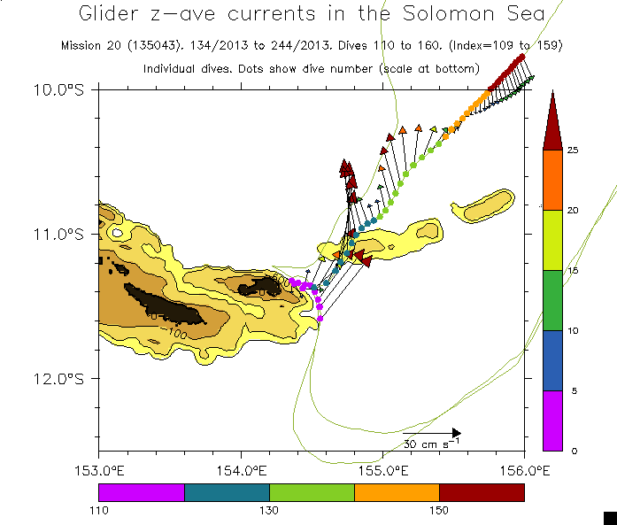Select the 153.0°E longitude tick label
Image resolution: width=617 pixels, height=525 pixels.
click(99, 470)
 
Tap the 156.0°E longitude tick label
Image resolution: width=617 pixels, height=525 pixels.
click(524, 470)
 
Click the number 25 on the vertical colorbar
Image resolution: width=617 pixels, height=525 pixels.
click(573, 150)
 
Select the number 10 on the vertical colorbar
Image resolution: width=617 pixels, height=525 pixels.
click(573, 330)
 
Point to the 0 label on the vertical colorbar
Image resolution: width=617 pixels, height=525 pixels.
click(573, 451)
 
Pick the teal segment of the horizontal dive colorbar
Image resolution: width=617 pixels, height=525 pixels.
click(227, 492)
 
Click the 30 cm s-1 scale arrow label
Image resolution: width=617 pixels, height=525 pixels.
click(432, 443)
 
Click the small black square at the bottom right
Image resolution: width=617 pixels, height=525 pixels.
click(609, 518)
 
